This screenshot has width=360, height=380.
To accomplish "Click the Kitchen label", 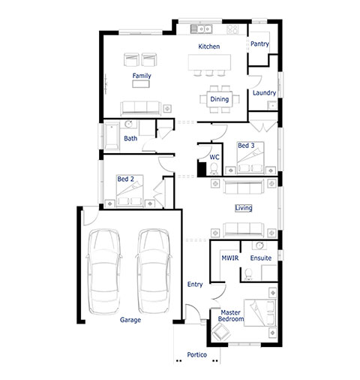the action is click(x=209, y=47).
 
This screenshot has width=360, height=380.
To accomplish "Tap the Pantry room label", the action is click(x=259, y=44).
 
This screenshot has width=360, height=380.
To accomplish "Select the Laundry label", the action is click(x=264, y=93).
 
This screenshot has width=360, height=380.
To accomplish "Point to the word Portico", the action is click(x=197, y=354).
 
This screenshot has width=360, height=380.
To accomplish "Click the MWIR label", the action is click(x=230, y=258).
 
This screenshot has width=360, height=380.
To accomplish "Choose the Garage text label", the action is click(x=130, y=320).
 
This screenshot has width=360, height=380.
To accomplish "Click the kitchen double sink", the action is click(x=202, y=29).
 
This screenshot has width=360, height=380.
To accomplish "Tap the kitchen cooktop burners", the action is click(x=232, y=29).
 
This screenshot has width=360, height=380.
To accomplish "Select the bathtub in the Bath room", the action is click(x=112, y=136).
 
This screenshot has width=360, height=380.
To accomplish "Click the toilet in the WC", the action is click(x=214, y=169).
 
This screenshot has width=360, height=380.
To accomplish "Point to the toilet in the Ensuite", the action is click(x=248, y=274).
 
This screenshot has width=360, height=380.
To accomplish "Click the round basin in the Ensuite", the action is click(x=260, y=246).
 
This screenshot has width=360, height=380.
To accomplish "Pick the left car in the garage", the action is click(x=104, y=272).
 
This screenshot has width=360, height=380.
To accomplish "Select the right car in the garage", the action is click(x=154, y=271).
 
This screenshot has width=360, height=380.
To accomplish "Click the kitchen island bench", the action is click(x=209, y=62).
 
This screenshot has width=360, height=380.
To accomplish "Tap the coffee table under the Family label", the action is click(x=141, y=83).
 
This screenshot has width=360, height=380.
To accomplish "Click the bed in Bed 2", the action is click(x=130, y=191).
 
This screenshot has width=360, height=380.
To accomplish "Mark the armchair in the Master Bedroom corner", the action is click(x=220, y=332).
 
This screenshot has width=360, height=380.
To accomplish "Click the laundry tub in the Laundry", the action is click(x=272, y=105).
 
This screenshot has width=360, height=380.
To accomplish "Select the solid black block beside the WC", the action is click(x=202, y=169).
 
